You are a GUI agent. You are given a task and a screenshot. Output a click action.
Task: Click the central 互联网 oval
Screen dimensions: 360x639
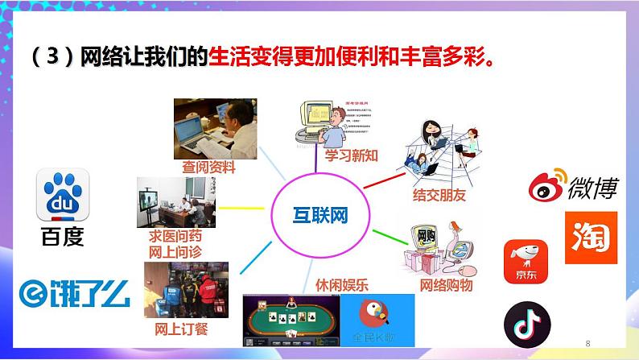[x=320, y=215]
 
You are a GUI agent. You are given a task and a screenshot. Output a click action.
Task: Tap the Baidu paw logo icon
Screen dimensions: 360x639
[x=60, y=196]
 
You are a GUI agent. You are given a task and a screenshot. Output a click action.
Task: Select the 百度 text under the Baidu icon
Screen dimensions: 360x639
[x=61, y=238]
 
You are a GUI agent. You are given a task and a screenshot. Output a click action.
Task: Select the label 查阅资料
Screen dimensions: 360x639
[x=208, y=168]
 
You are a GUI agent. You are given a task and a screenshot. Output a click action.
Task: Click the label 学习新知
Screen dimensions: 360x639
[x=351, y=155]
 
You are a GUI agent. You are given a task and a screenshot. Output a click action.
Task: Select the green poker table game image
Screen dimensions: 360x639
[x=291, y=318]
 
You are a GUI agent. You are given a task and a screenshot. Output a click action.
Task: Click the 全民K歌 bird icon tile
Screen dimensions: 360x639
[x=377, y=319]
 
